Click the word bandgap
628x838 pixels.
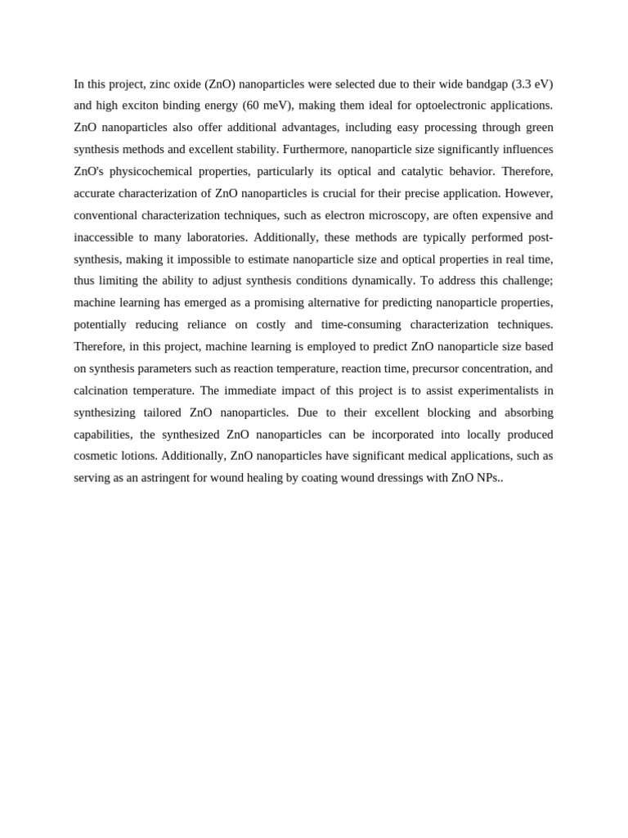[484, 84]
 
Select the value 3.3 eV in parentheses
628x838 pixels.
[532, 84]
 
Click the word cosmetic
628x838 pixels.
[95, 456]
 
